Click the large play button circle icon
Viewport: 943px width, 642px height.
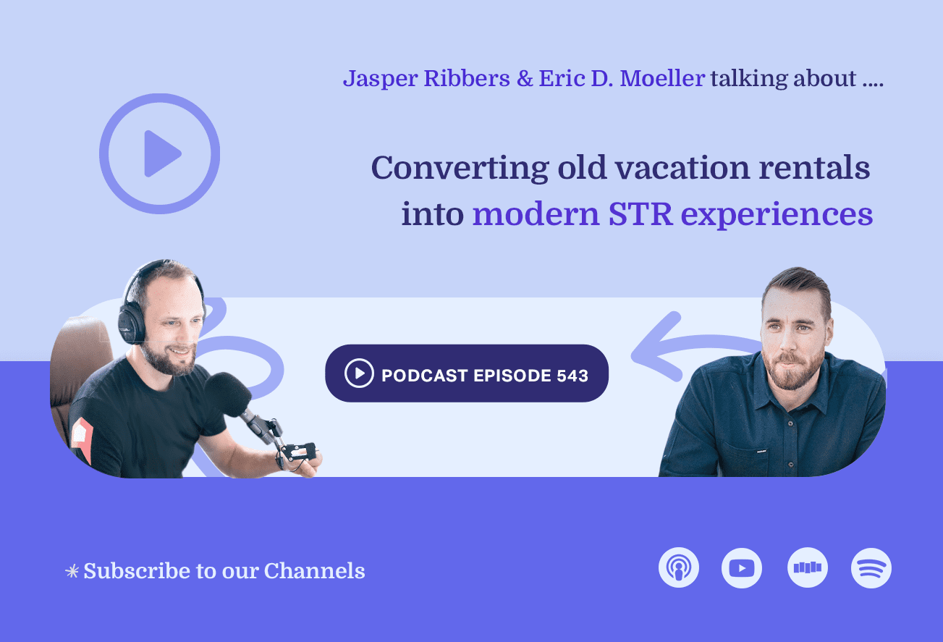(x=159, y=153)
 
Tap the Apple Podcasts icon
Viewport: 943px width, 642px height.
(x=679, y=567)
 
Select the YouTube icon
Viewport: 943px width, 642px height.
(x=742, y=567)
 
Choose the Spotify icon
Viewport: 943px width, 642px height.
(x=871, y=567)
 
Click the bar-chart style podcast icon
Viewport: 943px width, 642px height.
(x=808, y=567)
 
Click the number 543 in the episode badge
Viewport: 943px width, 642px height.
(x=572, y=376)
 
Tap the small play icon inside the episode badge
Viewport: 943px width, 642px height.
(x=359, y=373)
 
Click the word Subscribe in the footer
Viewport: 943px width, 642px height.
(x=126, y=571)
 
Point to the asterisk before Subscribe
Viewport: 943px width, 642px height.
(x=72, y=572)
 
